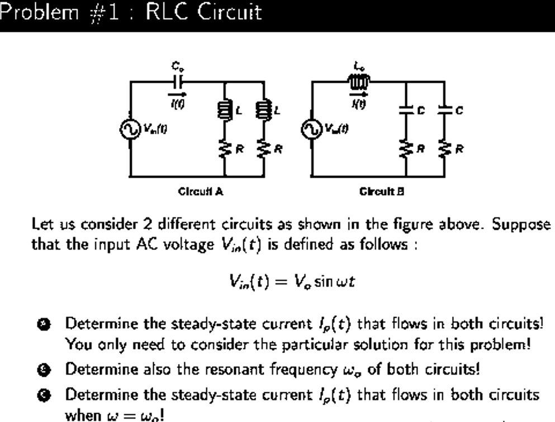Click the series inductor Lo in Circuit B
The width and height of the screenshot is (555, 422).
pos(357,81)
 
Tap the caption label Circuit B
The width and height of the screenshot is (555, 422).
pos(382,191)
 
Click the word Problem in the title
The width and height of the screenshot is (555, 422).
pos(34,13)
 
